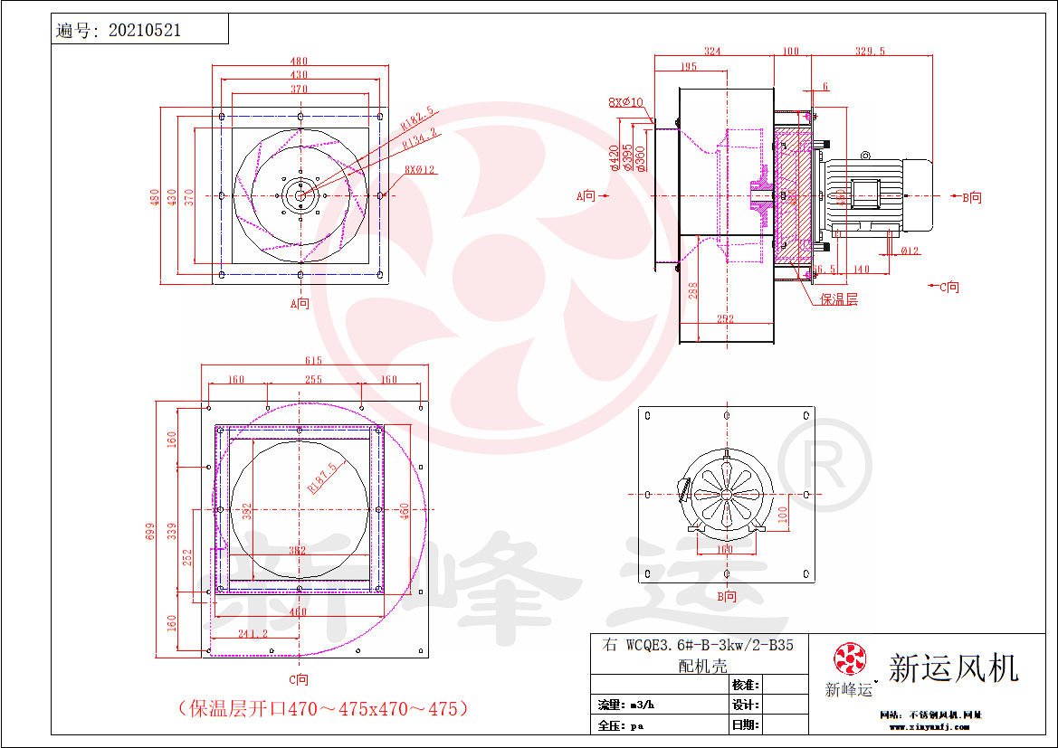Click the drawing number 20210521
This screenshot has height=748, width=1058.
tap(145, 30)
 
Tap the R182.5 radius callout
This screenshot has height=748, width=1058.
tap(418, 118)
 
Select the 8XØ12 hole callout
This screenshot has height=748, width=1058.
tap(420, 169)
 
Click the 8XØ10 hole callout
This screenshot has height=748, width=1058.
tap(625, 102)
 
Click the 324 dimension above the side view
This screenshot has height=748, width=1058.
tap(712, 52)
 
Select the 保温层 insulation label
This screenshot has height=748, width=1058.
tap(839, 299)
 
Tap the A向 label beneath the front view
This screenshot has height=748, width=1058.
tap(300, 303)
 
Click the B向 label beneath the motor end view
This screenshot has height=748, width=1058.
tap(727, 597)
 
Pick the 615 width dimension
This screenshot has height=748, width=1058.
tap(313, 361)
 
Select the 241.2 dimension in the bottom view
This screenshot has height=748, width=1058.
tap(252, 634)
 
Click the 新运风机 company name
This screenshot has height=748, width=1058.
tap(954, 668)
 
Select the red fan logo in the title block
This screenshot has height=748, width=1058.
tap(849, 659)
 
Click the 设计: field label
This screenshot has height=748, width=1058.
tap(745, 705)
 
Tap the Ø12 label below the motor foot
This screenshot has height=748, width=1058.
tap(910, 251)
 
